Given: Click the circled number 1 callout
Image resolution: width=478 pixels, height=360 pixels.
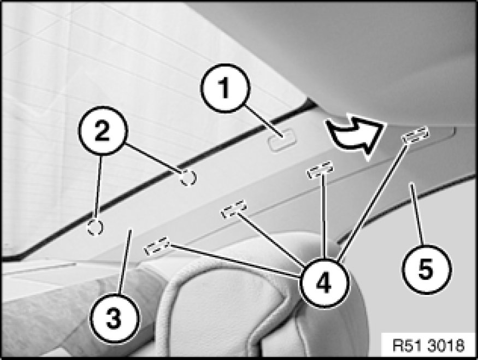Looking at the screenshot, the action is point(225,88).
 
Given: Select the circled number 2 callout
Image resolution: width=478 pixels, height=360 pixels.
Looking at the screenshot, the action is point(103,131).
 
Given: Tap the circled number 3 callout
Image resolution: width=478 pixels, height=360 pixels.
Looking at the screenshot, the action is point(114,319).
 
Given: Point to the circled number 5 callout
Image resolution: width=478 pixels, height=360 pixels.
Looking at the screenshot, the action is point(426,269).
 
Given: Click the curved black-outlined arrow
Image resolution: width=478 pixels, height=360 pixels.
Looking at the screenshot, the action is point(353,136).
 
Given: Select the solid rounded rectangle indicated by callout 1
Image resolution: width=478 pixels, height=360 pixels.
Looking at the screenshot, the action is point(282,140).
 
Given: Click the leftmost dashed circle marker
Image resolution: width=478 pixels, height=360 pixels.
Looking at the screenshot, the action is point(95,227).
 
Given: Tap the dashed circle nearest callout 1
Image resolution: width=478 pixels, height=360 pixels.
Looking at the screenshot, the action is point(188,177).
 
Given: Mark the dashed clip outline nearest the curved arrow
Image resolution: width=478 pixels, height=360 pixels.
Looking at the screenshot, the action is point(415,135).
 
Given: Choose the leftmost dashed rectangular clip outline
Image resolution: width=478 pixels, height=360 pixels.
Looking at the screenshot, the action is point(157,246).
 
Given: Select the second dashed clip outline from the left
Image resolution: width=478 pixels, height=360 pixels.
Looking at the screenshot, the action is point(234,209).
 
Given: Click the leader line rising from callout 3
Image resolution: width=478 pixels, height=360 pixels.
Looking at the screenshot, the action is point(125,262).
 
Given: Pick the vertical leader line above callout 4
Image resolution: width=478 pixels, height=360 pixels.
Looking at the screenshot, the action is point(324,217).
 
